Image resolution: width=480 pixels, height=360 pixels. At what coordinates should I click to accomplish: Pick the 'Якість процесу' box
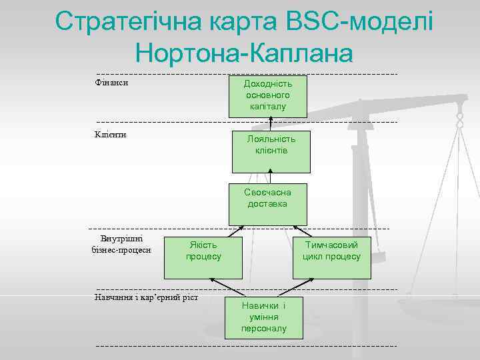[x=203, y=251]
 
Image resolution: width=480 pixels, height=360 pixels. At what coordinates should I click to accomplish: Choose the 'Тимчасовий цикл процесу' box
[x=331, y=251]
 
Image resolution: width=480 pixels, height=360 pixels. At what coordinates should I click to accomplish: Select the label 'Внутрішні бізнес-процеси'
[x=121, y=245]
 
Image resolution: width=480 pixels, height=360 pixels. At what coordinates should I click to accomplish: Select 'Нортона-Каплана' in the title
[x=243, y=53]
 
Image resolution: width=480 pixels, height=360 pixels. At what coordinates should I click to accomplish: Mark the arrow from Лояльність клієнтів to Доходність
[x=271, y=123]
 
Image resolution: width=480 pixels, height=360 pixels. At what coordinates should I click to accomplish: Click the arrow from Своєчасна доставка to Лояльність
[x=270, y=176]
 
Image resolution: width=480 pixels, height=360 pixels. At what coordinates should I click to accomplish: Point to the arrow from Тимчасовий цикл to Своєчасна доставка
[x=301, y=231]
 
